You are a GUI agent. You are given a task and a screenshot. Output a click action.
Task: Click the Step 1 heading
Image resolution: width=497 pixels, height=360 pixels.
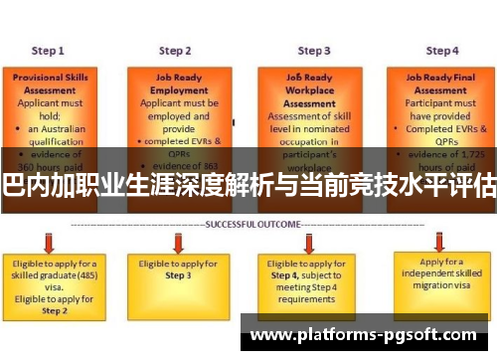48,50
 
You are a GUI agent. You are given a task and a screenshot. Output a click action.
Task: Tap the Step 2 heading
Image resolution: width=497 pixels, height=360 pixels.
175,50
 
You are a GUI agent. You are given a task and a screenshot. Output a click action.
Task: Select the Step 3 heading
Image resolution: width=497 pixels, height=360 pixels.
314,50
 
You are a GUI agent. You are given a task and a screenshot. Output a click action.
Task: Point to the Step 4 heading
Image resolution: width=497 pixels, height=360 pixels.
442,50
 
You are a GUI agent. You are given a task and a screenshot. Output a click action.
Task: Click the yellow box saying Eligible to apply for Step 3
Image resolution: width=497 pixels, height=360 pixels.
175,269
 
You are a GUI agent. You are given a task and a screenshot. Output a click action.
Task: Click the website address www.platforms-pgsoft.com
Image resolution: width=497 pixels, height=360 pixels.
369,335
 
